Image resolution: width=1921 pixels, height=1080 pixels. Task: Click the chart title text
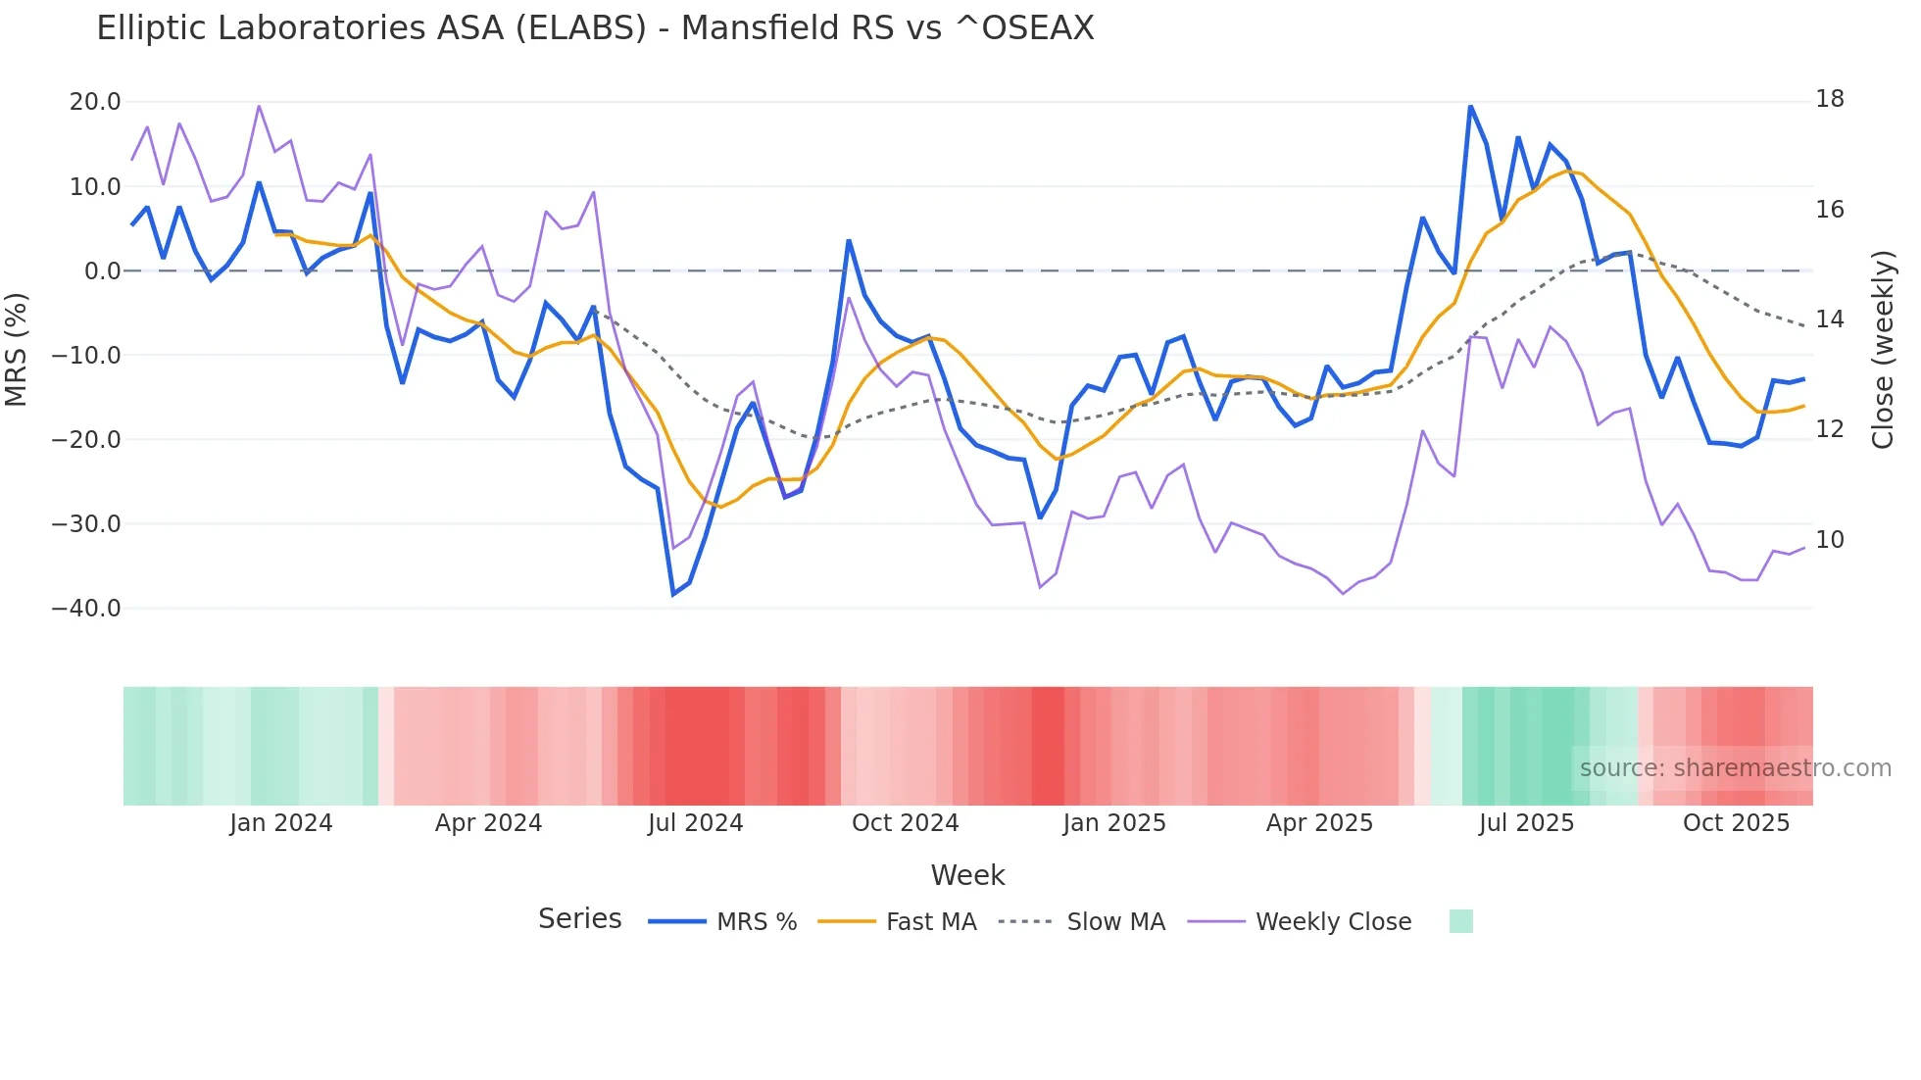(595, 28)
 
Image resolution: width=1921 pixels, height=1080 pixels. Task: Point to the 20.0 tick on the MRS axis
(95, 102)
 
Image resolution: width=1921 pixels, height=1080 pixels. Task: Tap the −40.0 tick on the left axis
(87, 609)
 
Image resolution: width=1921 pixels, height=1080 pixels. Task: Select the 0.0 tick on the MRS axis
(103, 271)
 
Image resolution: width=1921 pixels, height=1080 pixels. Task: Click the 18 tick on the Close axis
(1830, 99)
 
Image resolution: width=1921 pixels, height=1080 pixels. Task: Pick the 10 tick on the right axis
(1830, 540)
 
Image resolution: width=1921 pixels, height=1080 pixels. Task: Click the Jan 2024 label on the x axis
(281, 823)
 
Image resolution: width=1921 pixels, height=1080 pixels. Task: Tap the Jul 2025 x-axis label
(1526, 823)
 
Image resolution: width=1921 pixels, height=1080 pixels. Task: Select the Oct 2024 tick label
(905, 823)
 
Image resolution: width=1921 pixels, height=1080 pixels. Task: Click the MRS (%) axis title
(17, 349)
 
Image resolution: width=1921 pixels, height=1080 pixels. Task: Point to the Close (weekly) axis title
(1883, 349)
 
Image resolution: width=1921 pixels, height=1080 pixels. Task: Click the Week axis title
(967, 875)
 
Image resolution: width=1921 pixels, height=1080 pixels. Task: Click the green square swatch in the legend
(1460, 921)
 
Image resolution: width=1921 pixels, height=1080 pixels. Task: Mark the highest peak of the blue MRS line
(1470, 106)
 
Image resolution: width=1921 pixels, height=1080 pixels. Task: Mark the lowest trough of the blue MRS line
(673, 594)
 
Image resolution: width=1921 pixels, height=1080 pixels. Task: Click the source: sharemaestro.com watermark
(1735, 768)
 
